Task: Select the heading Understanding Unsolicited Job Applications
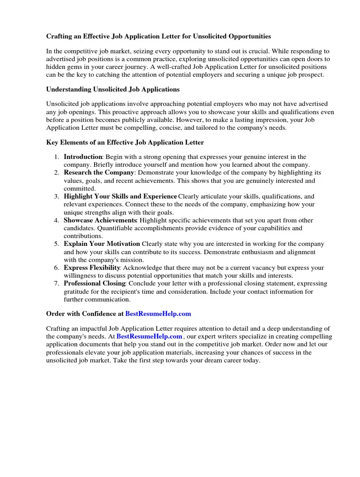(113, 89)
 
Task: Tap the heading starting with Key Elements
(125, 143)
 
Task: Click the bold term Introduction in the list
(83, 157)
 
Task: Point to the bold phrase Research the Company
(99, 173)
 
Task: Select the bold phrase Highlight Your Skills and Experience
(120, 196)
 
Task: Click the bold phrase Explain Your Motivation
(102, 244)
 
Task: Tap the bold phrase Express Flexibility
(92, 268)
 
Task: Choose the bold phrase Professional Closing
(95, 284)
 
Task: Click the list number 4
(56, 220)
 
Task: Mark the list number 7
(56, 284)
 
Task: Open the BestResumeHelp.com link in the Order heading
(158, 314)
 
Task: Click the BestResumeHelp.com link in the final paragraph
(149, 336)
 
